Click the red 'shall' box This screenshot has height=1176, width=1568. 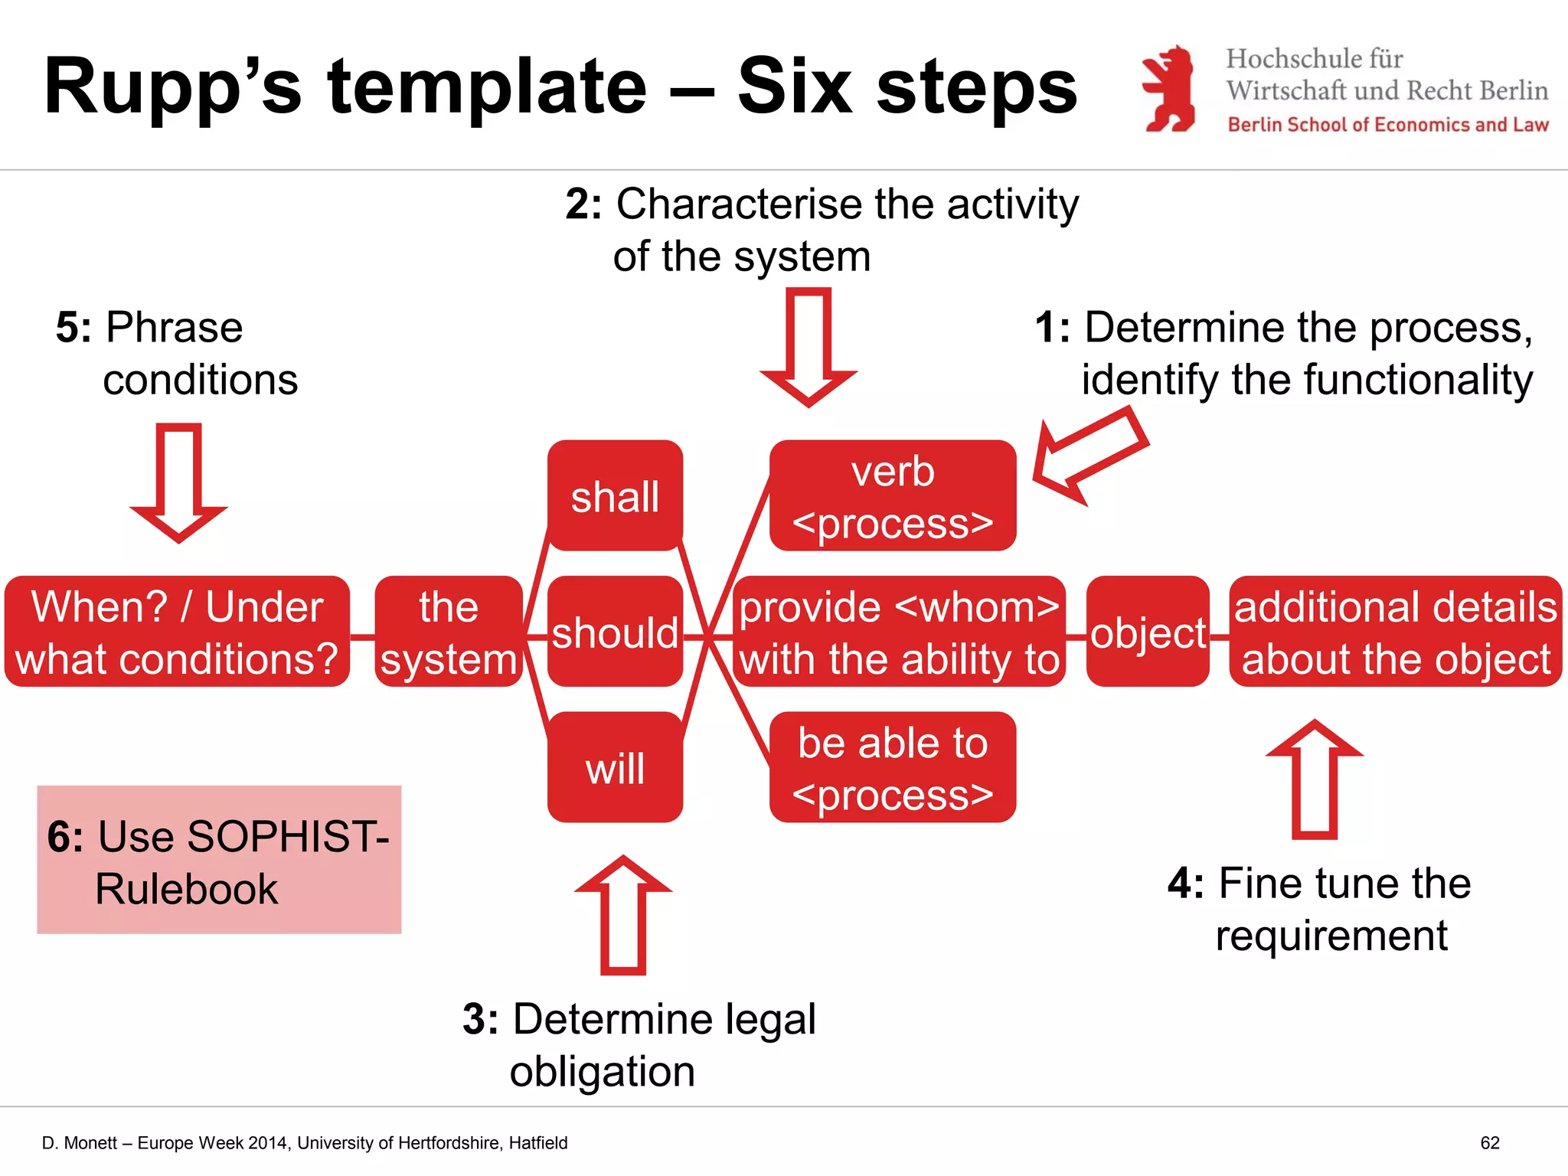(615, 495)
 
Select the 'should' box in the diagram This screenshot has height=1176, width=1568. (615, 632)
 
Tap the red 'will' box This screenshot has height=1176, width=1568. (615, 767)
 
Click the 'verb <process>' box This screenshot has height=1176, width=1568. (893, 495)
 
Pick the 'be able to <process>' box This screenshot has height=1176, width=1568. (893, 767)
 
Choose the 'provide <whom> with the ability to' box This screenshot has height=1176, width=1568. (900, 632)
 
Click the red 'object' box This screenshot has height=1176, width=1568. (1148, 632)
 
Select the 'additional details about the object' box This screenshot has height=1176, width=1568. (1395, 632)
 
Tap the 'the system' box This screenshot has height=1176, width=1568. (449, 632)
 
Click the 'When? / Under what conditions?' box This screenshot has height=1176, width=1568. (177, 632)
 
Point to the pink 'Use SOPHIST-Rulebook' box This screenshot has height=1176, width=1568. (219, 859)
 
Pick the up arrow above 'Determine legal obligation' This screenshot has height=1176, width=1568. (623, 914)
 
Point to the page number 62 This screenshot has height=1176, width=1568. (1490, 1143)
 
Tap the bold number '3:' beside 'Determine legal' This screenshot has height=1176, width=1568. (480, 1019)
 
